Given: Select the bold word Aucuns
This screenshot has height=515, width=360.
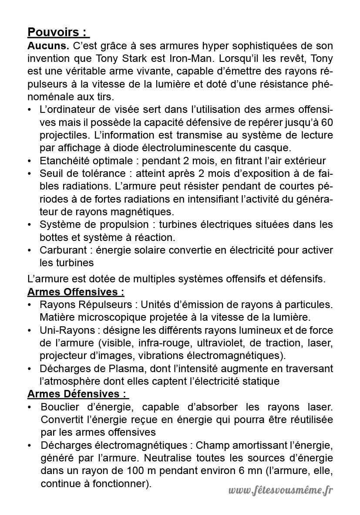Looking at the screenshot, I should click(48, 45).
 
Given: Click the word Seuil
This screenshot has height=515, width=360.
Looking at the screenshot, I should click(50, 173).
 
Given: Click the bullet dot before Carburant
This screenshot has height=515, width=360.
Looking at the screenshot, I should click(30, 251).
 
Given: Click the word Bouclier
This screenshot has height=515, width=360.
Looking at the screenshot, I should click(59, 407).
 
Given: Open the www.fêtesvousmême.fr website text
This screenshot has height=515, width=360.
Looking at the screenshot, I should click(280, 491).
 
